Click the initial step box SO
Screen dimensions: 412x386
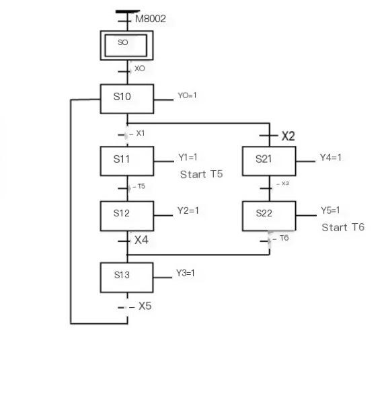[126, 45]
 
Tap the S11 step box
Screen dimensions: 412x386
[127, 161]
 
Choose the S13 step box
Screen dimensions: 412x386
[127, 277]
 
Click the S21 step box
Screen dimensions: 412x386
[269, 161]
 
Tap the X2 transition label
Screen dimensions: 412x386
[288, 136]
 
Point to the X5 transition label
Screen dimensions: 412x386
[145, 306]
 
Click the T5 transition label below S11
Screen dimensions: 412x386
[141, 186]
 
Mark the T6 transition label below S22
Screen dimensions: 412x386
[284, 238]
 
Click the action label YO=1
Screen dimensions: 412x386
[187, 95]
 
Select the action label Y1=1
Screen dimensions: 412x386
[188, 157]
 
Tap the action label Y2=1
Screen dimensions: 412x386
[188, 210]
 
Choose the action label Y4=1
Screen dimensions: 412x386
[331, 157]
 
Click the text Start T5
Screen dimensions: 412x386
[201, 174]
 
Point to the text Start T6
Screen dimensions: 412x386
[343, 227]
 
